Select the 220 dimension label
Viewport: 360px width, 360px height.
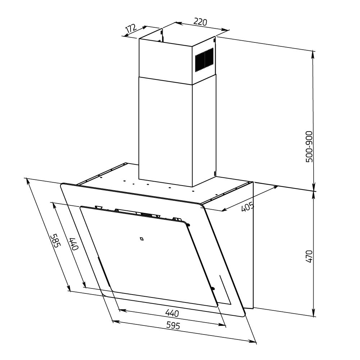pos(200,22)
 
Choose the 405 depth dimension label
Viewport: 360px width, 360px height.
pos(247,207)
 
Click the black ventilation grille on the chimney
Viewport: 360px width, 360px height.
pos(204,60)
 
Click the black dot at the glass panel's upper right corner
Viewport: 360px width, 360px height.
pos(188,225)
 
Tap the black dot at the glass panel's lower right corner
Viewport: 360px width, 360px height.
pos(213,288)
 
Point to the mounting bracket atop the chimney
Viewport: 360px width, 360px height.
pos(161,34)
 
